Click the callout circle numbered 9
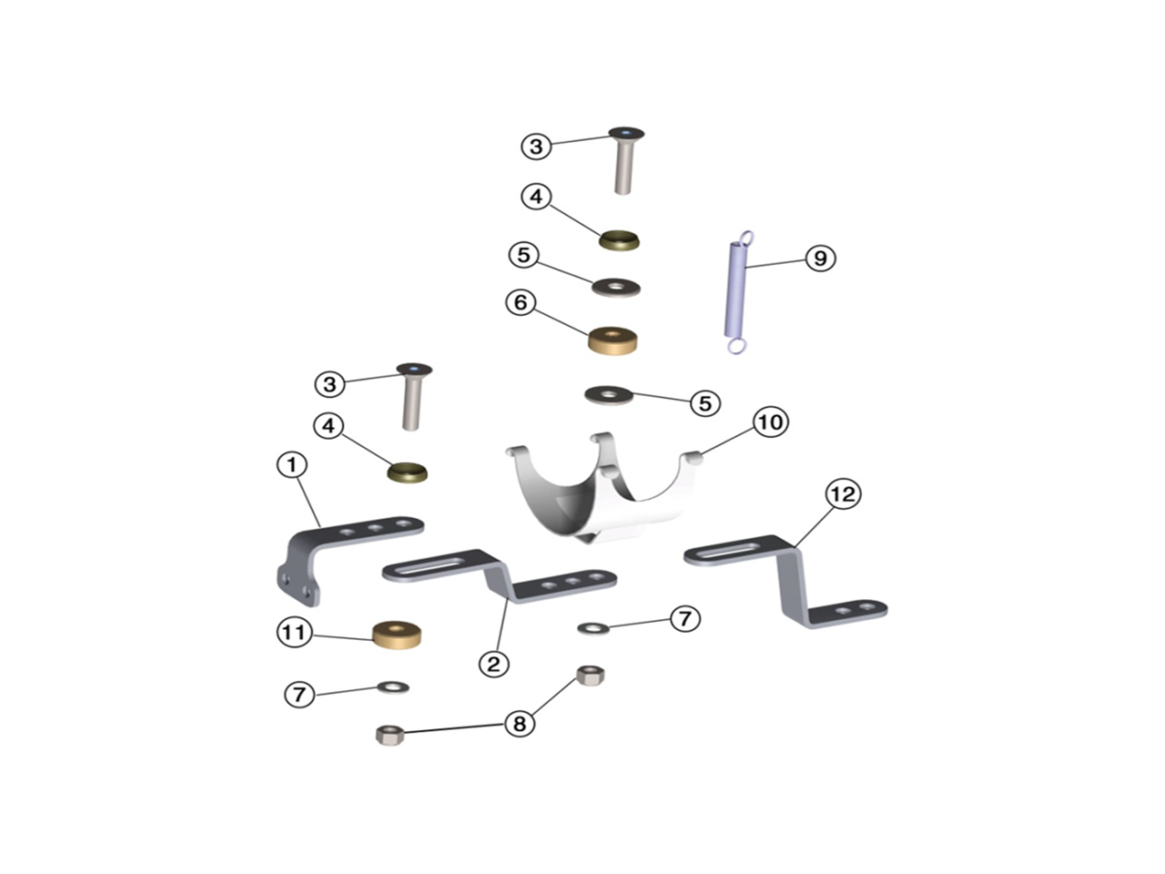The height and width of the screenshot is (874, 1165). pos(819,258)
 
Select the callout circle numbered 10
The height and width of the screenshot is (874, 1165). pos(770,422)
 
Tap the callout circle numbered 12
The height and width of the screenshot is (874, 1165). pos(843,494)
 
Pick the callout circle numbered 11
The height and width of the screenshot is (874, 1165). pos(294,632)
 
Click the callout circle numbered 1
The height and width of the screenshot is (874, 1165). pos(292,465)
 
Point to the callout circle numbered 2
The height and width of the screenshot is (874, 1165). pos(493,664)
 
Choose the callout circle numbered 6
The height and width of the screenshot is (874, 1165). pos(520,302)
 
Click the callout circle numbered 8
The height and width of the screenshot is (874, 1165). pos(519,723)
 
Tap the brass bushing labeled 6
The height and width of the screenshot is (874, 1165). pos(613,340)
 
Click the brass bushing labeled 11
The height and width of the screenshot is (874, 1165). pos(397,635)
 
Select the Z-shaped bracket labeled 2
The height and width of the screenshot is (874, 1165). pos(499,575)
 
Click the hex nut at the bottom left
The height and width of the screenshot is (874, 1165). pos(390,736)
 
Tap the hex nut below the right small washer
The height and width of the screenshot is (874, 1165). pos(590,675)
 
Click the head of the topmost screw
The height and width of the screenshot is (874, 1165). pos(626,132)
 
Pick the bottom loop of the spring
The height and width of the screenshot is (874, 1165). pos(736,346)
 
